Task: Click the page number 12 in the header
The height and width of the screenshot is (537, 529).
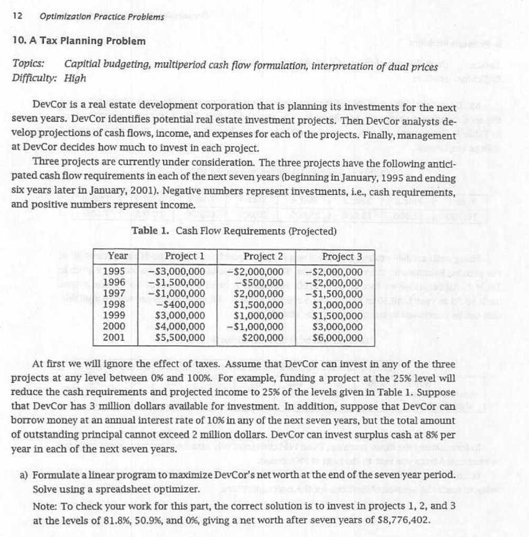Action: click(x=17, y=16)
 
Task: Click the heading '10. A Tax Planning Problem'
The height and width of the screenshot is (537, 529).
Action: click(x=79, y=41)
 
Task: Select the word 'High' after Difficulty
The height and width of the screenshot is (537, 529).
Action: click(x=75, y=79)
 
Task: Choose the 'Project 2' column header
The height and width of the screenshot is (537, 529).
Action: click(x=263, y=256)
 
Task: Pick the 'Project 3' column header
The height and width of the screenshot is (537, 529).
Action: click(x=342, y=256)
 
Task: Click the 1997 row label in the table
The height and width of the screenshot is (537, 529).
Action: click(x=114, y=293)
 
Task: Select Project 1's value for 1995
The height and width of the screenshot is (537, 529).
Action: click(x=177, y=272)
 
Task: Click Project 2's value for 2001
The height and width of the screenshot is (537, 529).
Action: click(x=263, y=338)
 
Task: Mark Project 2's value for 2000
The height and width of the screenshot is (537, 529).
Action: click(x=256, y=327)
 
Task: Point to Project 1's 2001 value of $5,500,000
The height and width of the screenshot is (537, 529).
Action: click(x=180, y=338)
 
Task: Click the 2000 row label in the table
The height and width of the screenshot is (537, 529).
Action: click(x=114, y=326)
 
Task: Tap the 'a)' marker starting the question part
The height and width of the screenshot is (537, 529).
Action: click(x=24, y=475)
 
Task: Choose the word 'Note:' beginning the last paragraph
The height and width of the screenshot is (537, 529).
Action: click(x=45, y=507)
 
